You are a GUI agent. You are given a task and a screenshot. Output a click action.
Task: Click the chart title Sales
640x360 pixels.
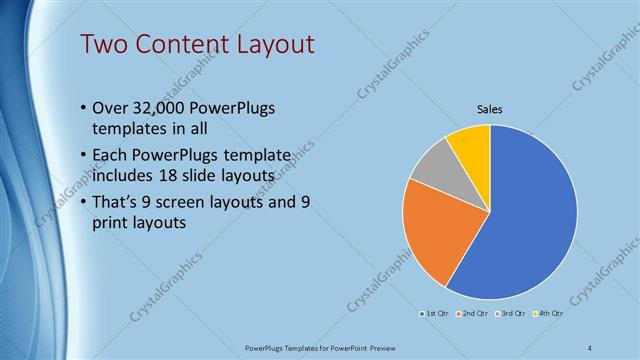pos(489,109)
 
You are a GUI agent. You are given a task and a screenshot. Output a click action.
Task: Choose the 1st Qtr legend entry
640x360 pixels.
pos(435,314)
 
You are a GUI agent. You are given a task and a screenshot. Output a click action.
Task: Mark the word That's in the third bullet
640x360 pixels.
pos(118,202)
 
